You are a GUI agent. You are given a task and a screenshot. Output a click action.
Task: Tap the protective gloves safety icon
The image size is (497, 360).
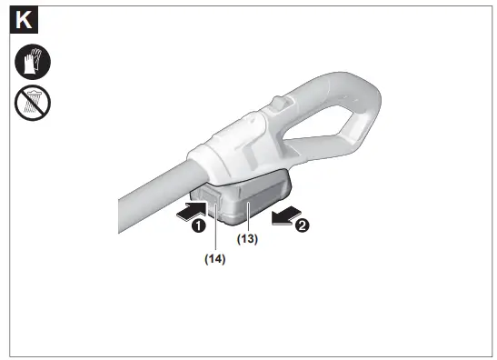[x=33, y=63]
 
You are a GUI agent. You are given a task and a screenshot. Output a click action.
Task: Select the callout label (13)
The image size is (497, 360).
[x=248, y=239]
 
